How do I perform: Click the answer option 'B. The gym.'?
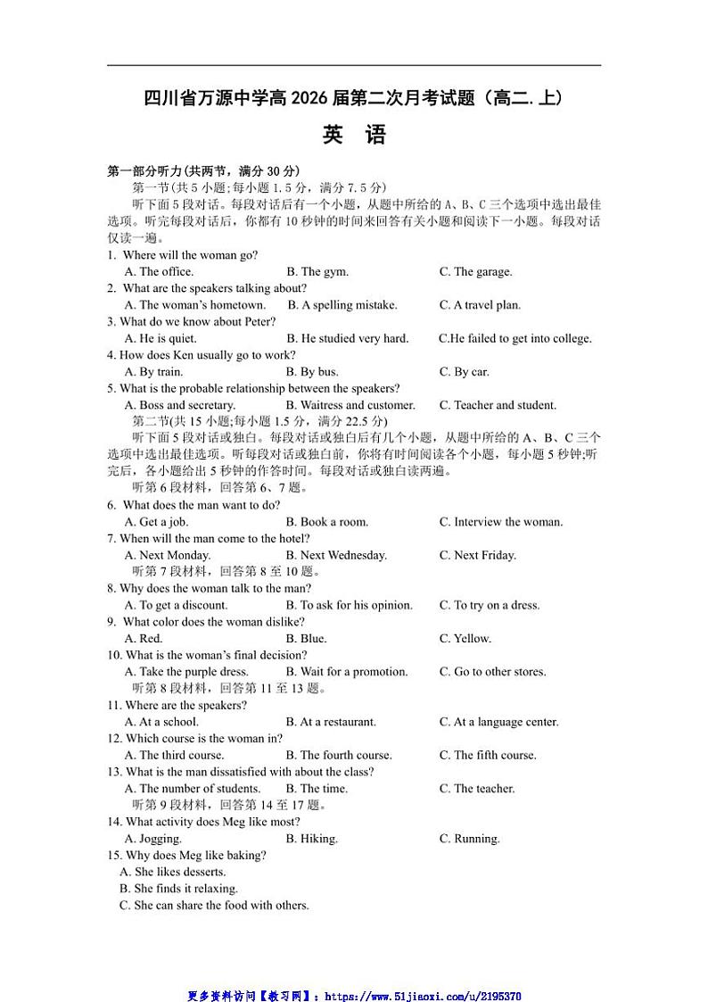pos(317,272)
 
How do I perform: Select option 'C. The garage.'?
pos(475,272)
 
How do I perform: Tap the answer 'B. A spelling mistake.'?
pos(342,305)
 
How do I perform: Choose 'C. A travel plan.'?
pos(480,305)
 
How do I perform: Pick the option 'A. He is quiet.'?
pos(161,338)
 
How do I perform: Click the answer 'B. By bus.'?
pos(312,372)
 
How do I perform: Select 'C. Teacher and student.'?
pos(498,405)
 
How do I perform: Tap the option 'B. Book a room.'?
pos(326,522)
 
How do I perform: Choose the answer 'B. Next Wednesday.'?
pos(336,555)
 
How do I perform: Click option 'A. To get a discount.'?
pos(177,605)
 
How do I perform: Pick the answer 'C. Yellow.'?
pos(465,639)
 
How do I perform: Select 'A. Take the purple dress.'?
pos(186,672)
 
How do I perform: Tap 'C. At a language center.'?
pos(498,722)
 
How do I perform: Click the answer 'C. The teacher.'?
pos(477,789)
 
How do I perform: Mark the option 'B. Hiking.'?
pos(311,839)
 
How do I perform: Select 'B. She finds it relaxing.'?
pos(178,889)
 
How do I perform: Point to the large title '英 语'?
pos(354,135)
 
